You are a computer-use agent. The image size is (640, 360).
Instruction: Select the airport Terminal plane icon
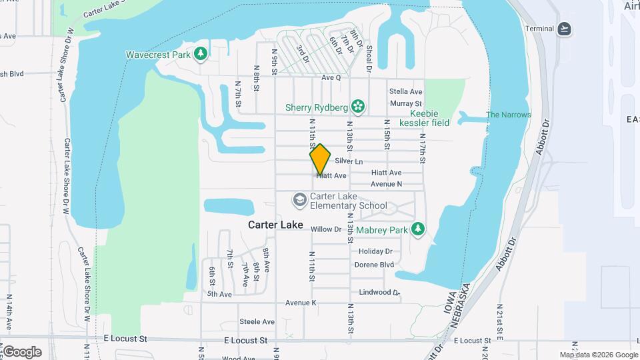[565, 29]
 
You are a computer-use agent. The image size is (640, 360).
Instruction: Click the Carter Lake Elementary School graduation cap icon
[300, 200]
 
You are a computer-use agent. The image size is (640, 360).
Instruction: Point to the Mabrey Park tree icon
[418, 229]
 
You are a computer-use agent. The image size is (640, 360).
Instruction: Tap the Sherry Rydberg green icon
[358, 107]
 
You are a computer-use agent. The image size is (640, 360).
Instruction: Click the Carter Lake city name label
[275, 225]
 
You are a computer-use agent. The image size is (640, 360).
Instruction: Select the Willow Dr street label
[326, 229]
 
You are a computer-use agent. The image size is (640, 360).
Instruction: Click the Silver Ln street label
[349, 161]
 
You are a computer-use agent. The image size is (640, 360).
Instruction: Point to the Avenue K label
[300, 303]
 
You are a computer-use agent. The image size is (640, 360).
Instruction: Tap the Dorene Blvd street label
[374, 265]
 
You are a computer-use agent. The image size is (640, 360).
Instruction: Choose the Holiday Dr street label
[375, 251]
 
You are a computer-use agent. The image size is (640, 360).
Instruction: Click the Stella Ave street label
[406, 91]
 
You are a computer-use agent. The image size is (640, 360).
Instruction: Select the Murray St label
[406, 104]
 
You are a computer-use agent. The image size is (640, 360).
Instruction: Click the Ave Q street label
[331, 77]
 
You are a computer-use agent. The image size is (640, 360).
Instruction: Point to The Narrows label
[509, 115]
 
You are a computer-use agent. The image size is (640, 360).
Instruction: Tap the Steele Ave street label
[257, 322]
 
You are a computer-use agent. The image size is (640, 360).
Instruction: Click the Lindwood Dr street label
[379, 292]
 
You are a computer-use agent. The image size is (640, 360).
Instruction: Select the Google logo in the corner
[22, 351]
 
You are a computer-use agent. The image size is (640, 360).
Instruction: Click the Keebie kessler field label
[424, 118]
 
